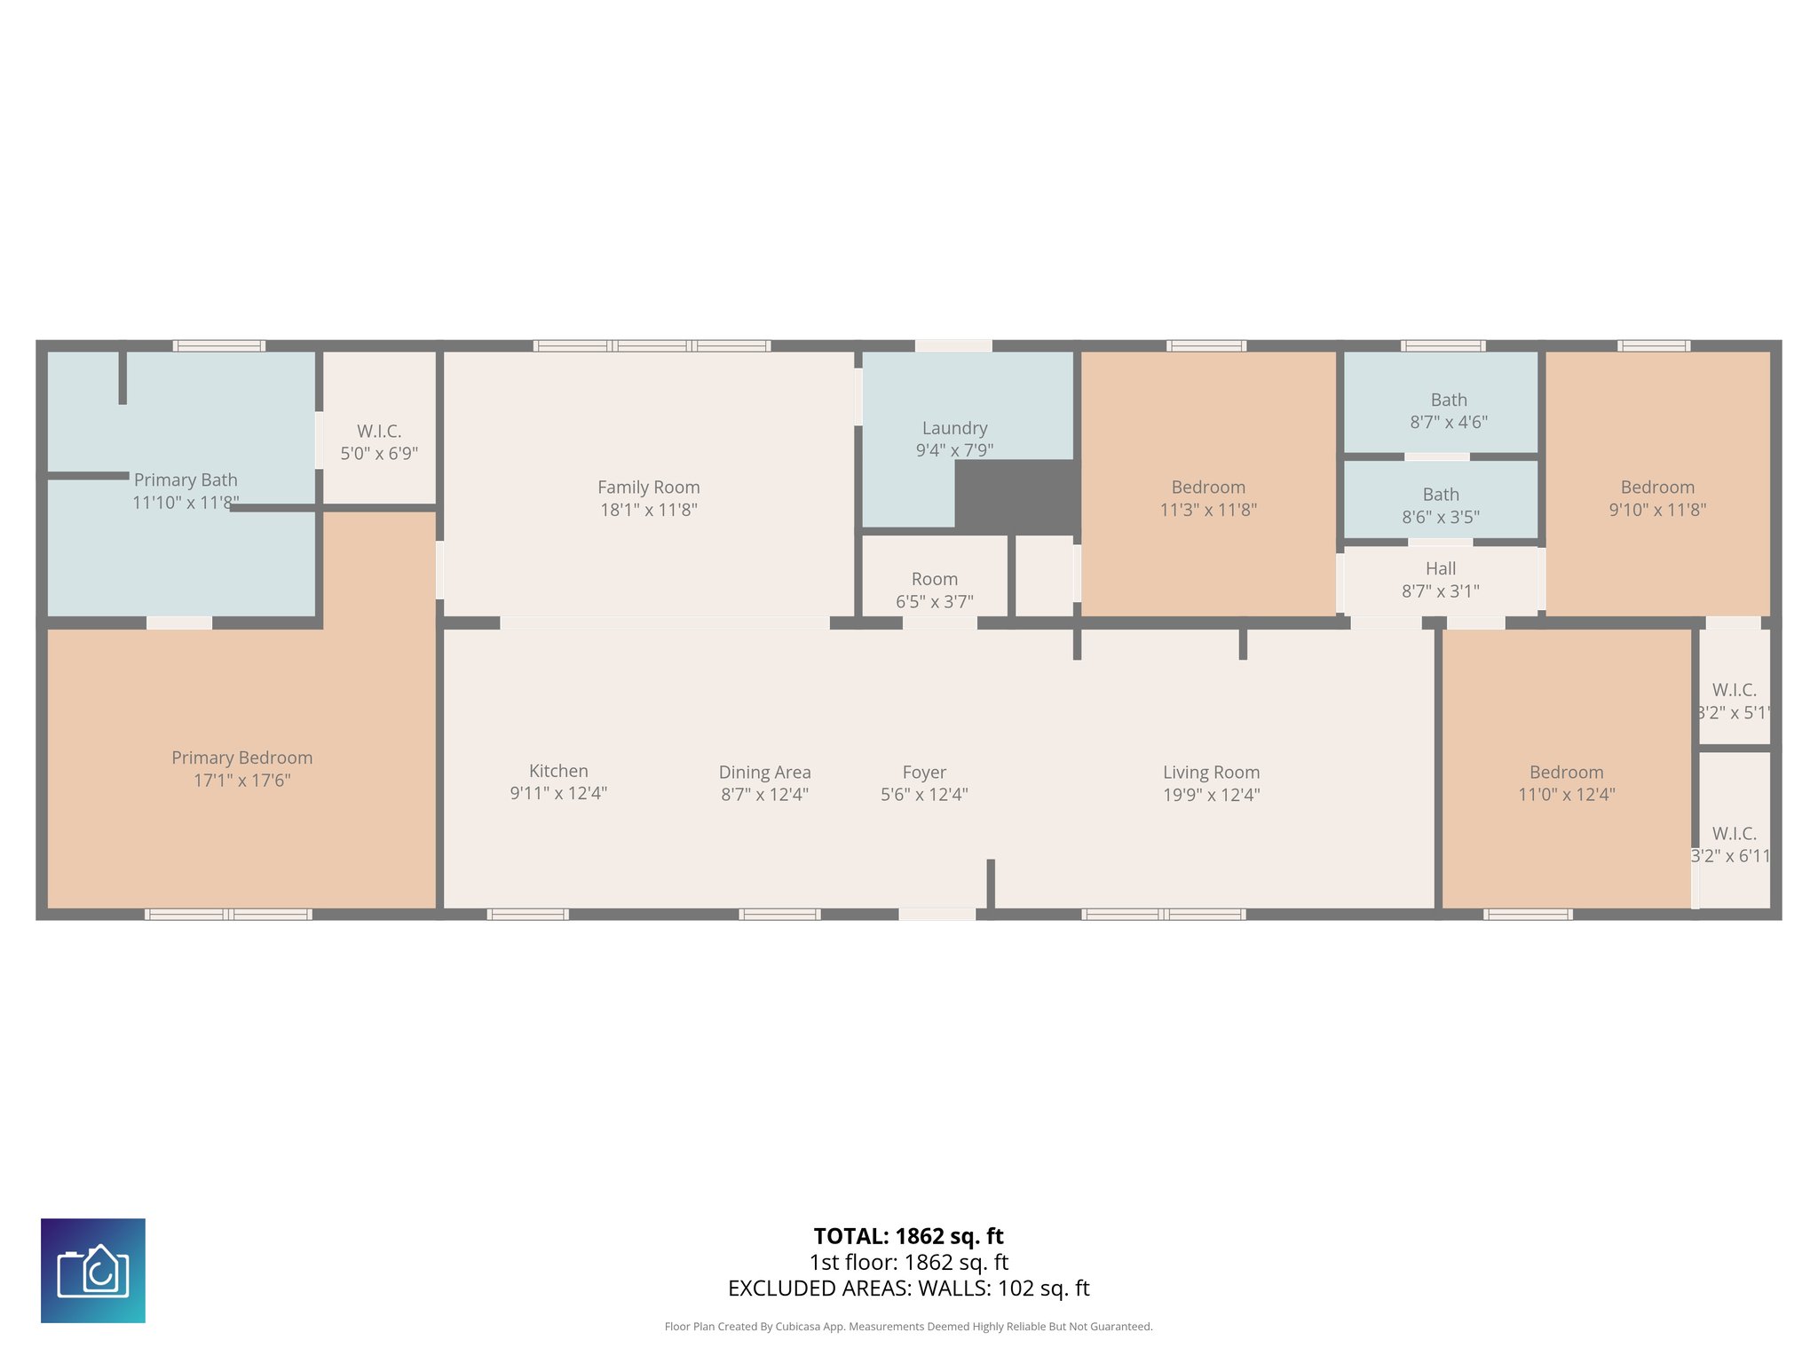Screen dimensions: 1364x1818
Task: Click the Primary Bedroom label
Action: point(241,757)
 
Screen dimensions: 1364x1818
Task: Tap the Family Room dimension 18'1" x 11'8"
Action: point(648,510)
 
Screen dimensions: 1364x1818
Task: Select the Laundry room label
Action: point(954,428)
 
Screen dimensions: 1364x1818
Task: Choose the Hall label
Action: point(1440,568)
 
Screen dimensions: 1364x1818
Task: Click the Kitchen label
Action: point(558,771)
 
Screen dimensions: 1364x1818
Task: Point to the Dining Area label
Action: point(764,773)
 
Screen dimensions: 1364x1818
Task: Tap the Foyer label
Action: point(924,773)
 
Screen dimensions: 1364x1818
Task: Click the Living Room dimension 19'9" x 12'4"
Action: point(1211,795)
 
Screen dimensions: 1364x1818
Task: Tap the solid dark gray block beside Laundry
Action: point(1016,496)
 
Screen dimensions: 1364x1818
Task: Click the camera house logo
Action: point(93,1271)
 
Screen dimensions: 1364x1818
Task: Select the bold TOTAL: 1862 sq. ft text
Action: point(908,1236)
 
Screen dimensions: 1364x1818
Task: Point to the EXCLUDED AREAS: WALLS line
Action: point(908,1289)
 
